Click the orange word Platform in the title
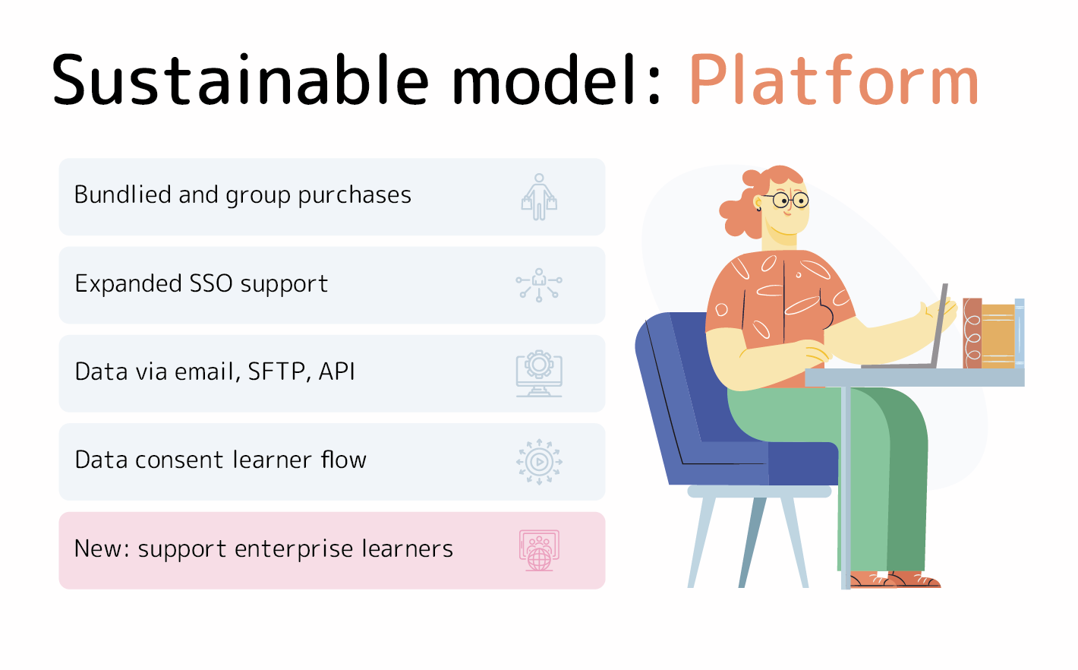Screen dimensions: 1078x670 point(834,80)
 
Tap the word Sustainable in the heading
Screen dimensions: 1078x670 point(240,80)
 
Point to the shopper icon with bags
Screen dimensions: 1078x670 point(539,197)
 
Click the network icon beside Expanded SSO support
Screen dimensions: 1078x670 point(539,285)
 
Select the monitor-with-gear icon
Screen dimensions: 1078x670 point(539,374)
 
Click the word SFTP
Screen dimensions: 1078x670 point(276,372)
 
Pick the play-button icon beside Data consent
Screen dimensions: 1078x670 point(539,462)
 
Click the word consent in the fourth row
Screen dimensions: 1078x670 point(179,460)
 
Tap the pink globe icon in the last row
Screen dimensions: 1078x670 point(539,551)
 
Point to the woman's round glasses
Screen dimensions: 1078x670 point(791,200)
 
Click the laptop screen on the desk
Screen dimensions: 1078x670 point(939,326)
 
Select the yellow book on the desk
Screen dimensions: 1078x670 point(998,337)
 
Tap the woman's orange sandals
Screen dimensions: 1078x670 point(896,580)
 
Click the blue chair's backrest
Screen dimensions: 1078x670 point(674,385)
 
